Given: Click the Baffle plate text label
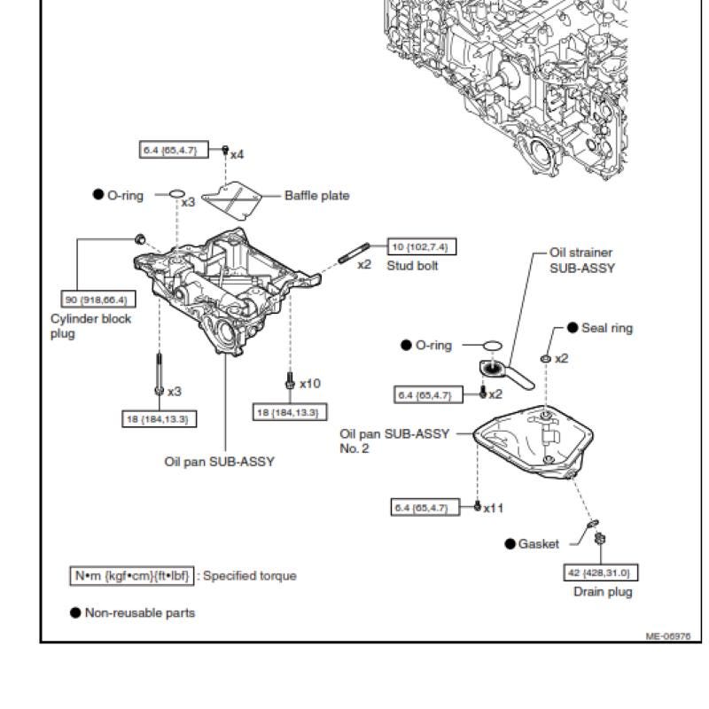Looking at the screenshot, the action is click(317, 196).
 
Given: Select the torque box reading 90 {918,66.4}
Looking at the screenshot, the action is click(98, 300).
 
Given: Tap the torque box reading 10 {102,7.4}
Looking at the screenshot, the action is click(422, 247).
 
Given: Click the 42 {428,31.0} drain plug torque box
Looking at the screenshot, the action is click(601, 573).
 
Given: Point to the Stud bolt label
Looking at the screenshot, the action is click(412, 266).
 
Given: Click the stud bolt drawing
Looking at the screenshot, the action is click(354, 253).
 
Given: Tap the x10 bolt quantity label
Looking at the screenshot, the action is click(310, 384).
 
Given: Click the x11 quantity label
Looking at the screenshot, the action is click(493, 508).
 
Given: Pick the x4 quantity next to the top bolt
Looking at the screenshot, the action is click(237, 155).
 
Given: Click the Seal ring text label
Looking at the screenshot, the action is click(607, 328).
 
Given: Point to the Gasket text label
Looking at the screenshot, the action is click(539, 544).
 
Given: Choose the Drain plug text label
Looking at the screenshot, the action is click(603, 592).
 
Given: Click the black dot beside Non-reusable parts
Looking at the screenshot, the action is click(75, 612).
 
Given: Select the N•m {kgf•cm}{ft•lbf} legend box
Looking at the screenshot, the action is click(131, 575).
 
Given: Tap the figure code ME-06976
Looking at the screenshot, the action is click(668, 636).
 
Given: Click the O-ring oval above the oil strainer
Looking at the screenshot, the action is click(493, 346).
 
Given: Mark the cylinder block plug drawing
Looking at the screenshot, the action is click(141, 238).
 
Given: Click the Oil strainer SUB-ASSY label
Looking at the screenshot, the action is click(582, 261).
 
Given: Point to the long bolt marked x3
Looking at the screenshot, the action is click(160, 374).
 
